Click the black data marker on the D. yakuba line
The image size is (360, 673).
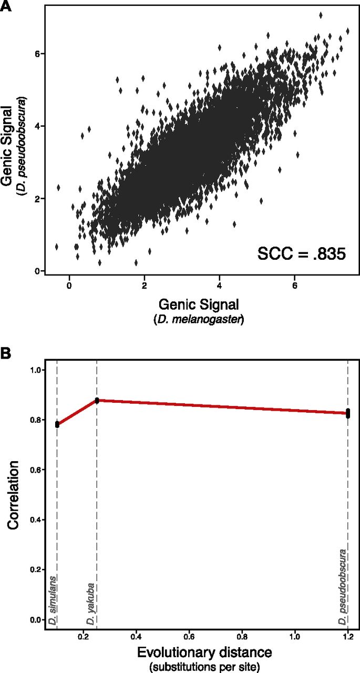point(97,401)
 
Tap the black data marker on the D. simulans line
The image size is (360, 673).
point(57,424)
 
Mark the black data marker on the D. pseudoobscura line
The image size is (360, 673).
point(348,413)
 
